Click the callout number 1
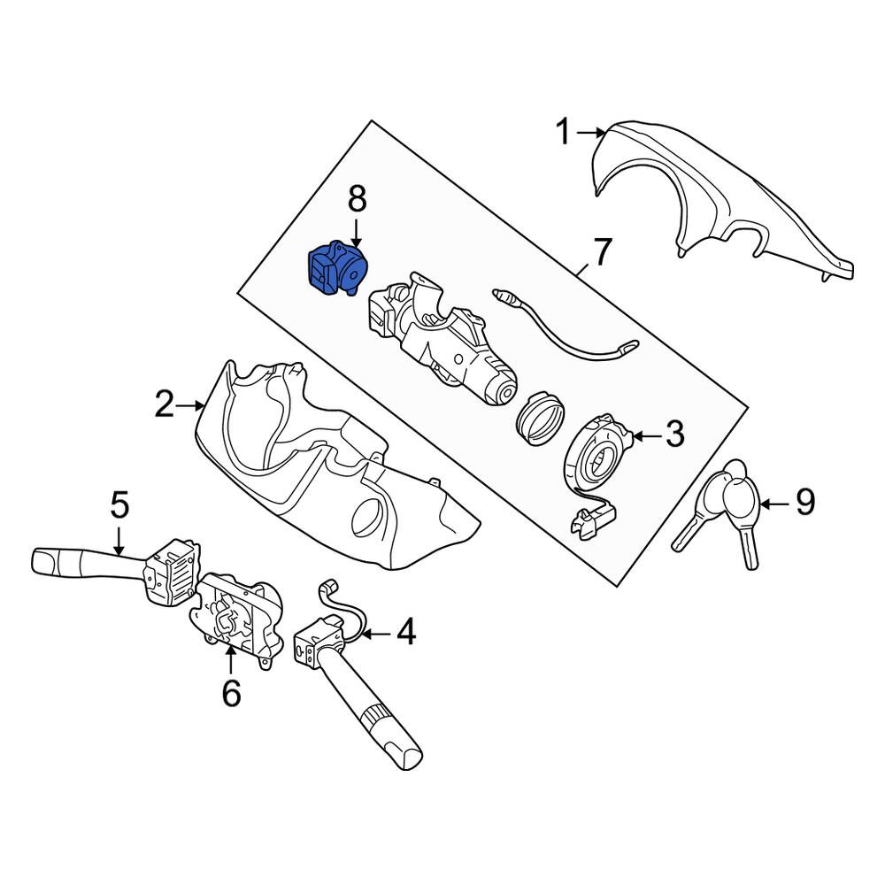pos(563,132)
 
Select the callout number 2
pos(165,404)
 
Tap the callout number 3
pos(674,434)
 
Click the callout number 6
pos(231,692)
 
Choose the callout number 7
pos(602,252)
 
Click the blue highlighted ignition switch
pos(336,268)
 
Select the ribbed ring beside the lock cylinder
pos(540,418)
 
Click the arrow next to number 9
pos(775,502)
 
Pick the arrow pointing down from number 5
pos(119,540)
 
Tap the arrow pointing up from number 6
pos(231,660)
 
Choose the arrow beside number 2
pos(189,404)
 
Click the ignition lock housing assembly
pos(443,344)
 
